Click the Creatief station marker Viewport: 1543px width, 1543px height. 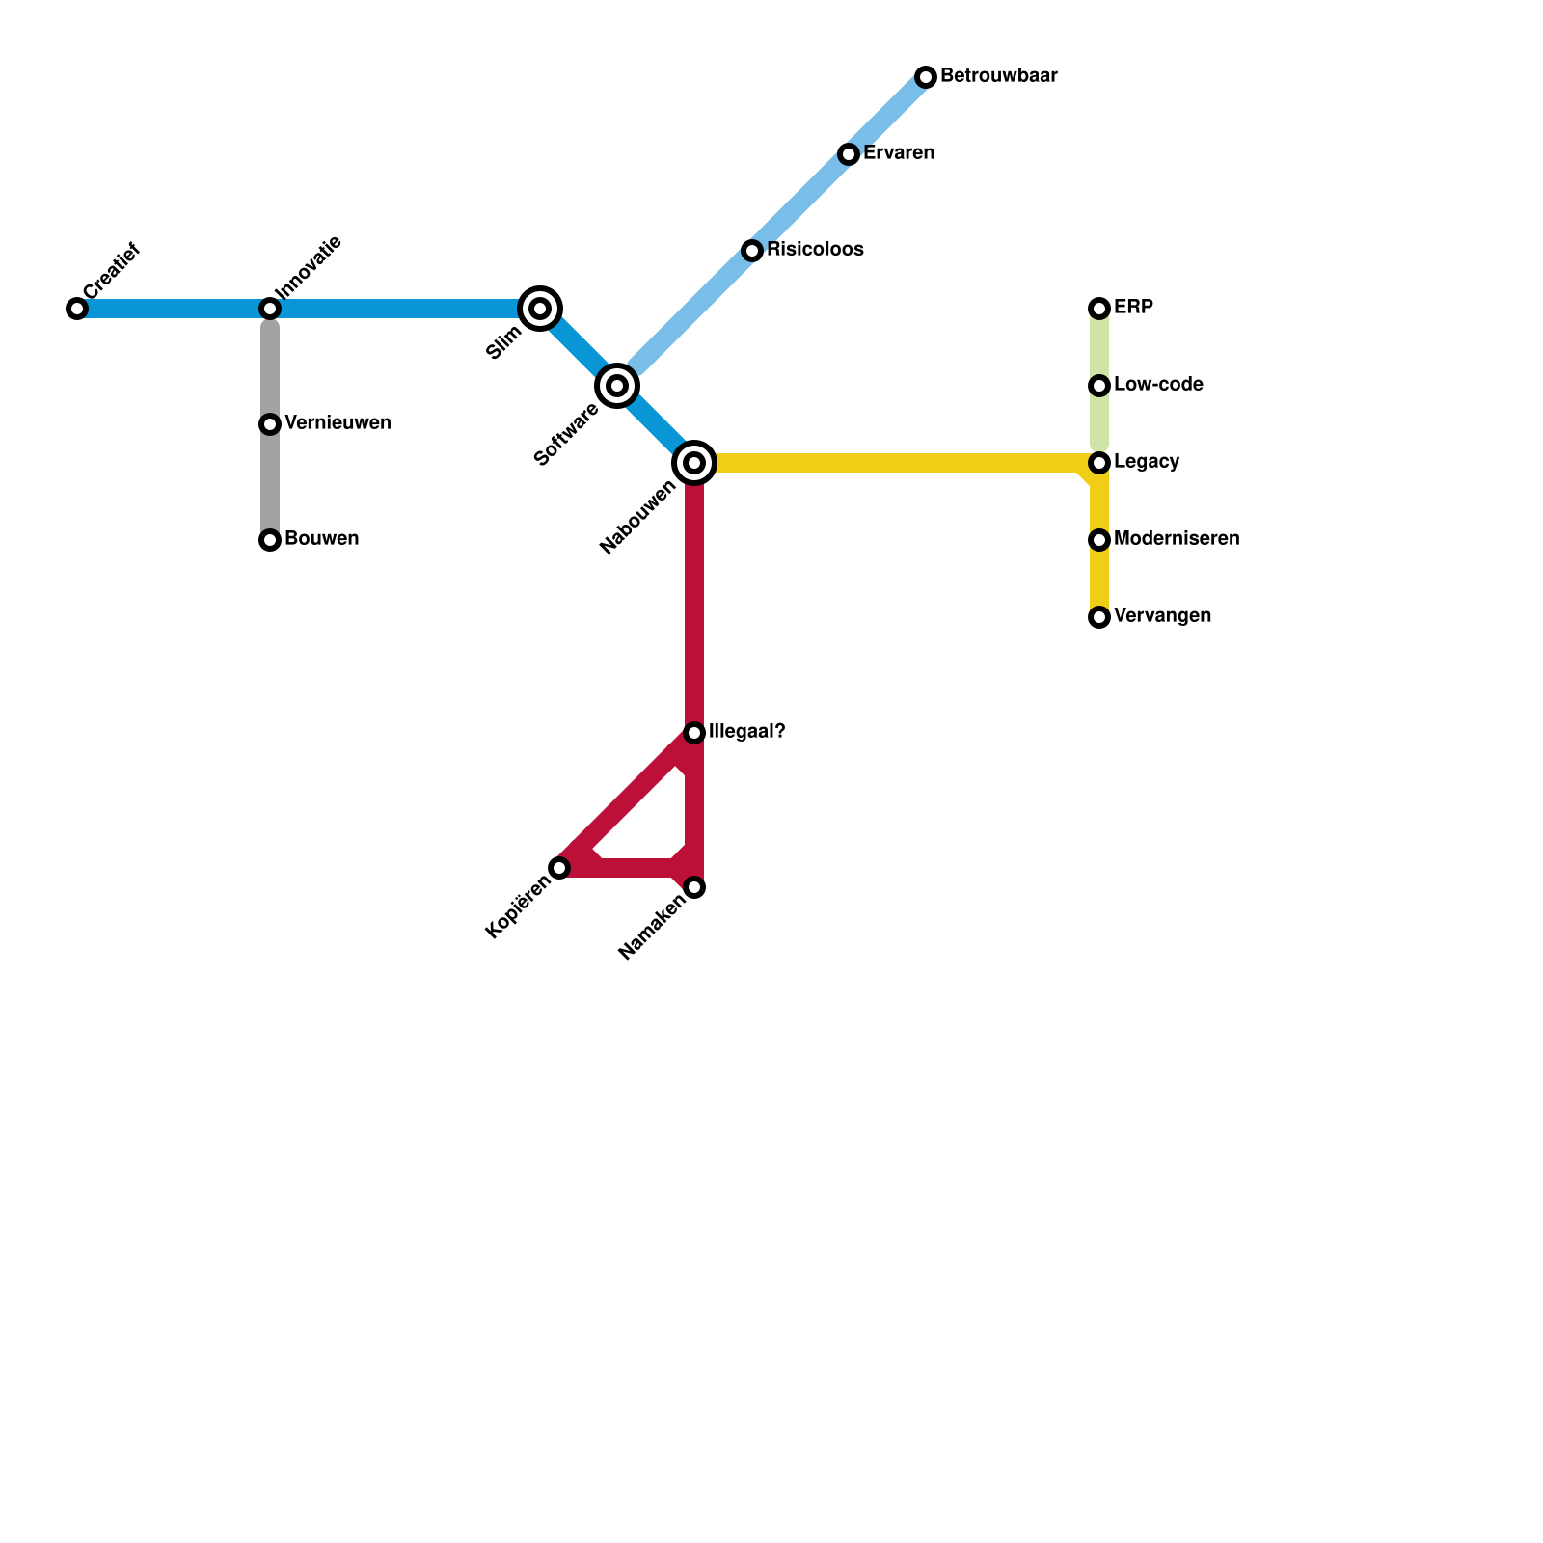tap(77, 309)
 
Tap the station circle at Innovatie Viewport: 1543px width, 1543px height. tap(270, 309)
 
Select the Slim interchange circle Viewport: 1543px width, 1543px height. tap(540, 309)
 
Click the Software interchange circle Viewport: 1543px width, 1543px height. tap(617, 386)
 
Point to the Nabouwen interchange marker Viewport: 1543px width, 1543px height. tap(694, 463)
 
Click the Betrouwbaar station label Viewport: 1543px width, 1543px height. tap(998, 76)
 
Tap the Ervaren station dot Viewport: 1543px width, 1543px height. tap(849, 154)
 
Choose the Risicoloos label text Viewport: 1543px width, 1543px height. tap(815, 250)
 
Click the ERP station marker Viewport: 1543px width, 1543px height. tap(1099, 309)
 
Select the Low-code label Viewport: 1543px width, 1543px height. tap(1158, 385)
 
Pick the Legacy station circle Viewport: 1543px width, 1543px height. tap(1099, 463)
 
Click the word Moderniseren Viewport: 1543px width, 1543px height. tap(1177, 539)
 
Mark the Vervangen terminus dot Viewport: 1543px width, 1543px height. tap(1099, 617)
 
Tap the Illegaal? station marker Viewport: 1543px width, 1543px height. tap(694, 733)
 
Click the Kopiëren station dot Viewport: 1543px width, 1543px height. tap(559, 868)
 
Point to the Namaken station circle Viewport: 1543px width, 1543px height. tap(694, 887)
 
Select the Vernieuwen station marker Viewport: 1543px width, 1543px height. tap(270, 424)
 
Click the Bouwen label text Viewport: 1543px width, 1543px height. tap(321, 539)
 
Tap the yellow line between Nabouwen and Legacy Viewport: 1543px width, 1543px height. tap(897, 463)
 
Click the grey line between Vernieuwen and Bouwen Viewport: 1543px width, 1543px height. tap(270, 482)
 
